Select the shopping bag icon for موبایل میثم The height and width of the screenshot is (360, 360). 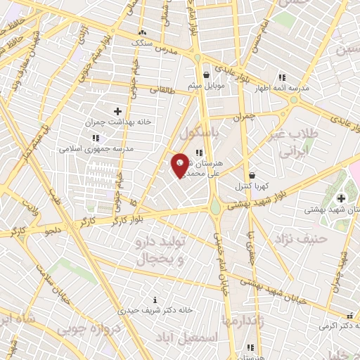pyautogui.click(x=205, y=75)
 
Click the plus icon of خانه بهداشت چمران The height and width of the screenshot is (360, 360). pyautogui.click(x=117, y=111)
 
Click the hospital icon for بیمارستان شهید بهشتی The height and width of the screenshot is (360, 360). pyautogui.click(x=342, y=198)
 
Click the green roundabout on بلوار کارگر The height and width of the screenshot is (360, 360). pyautogui.click(x=214, y=207)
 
